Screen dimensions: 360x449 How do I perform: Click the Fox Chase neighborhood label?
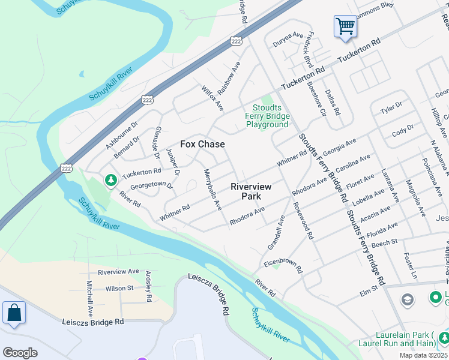tap(202, 144)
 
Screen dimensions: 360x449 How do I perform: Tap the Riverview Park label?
tap(251, 191)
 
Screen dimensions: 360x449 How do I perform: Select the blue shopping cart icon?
tap(345, 26)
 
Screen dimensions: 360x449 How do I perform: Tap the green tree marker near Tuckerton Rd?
tap(110, 180)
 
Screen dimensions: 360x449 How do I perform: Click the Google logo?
tap(20, 353)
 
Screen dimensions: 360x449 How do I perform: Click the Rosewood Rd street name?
tap(304, 220)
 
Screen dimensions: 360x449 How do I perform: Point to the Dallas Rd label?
tap(333, 103)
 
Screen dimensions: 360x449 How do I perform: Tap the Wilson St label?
tap(119, 289)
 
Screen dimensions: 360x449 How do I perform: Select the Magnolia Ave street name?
tap(415, 198)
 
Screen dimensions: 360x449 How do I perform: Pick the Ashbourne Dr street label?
tap(122, 134)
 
